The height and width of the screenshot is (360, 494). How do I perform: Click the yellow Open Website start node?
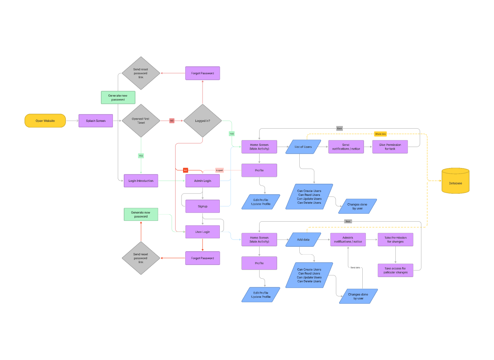click(45, 121)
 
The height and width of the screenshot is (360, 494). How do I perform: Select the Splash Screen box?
click(96, 121)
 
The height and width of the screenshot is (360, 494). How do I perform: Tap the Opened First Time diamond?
click(141, 121)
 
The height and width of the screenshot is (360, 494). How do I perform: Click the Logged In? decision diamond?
click(203, 121)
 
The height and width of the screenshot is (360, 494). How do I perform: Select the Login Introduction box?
click(141, 181)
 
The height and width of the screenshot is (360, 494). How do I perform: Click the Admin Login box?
click(203, 181)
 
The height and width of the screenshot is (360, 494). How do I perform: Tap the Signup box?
click(203, 206)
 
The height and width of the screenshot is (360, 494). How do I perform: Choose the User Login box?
click(203, 232)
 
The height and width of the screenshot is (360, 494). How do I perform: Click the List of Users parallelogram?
click(303, 147)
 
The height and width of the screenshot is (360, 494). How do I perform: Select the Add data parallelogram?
click(303, 240)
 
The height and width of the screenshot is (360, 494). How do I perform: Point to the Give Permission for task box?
click(390, 147)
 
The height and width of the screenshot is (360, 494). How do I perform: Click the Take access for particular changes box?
click(395, 270)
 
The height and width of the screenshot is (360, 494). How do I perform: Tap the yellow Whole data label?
click(380, 134)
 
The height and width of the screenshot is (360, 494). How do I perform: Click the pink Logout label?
click(219, 170)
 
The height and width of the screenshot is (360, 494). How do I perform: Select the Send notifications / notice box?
click(346, 147)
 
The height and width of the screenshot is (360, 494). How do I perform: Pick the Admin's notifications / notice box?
click(348, 240)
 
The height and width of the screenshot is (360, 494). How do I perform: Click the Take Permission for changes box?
click(395, 240)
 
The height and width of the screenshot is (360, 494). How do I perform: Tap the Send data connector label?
click(355, 268)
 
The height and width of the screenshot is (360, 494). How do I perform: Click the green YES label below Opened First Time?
click(141, 156)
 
